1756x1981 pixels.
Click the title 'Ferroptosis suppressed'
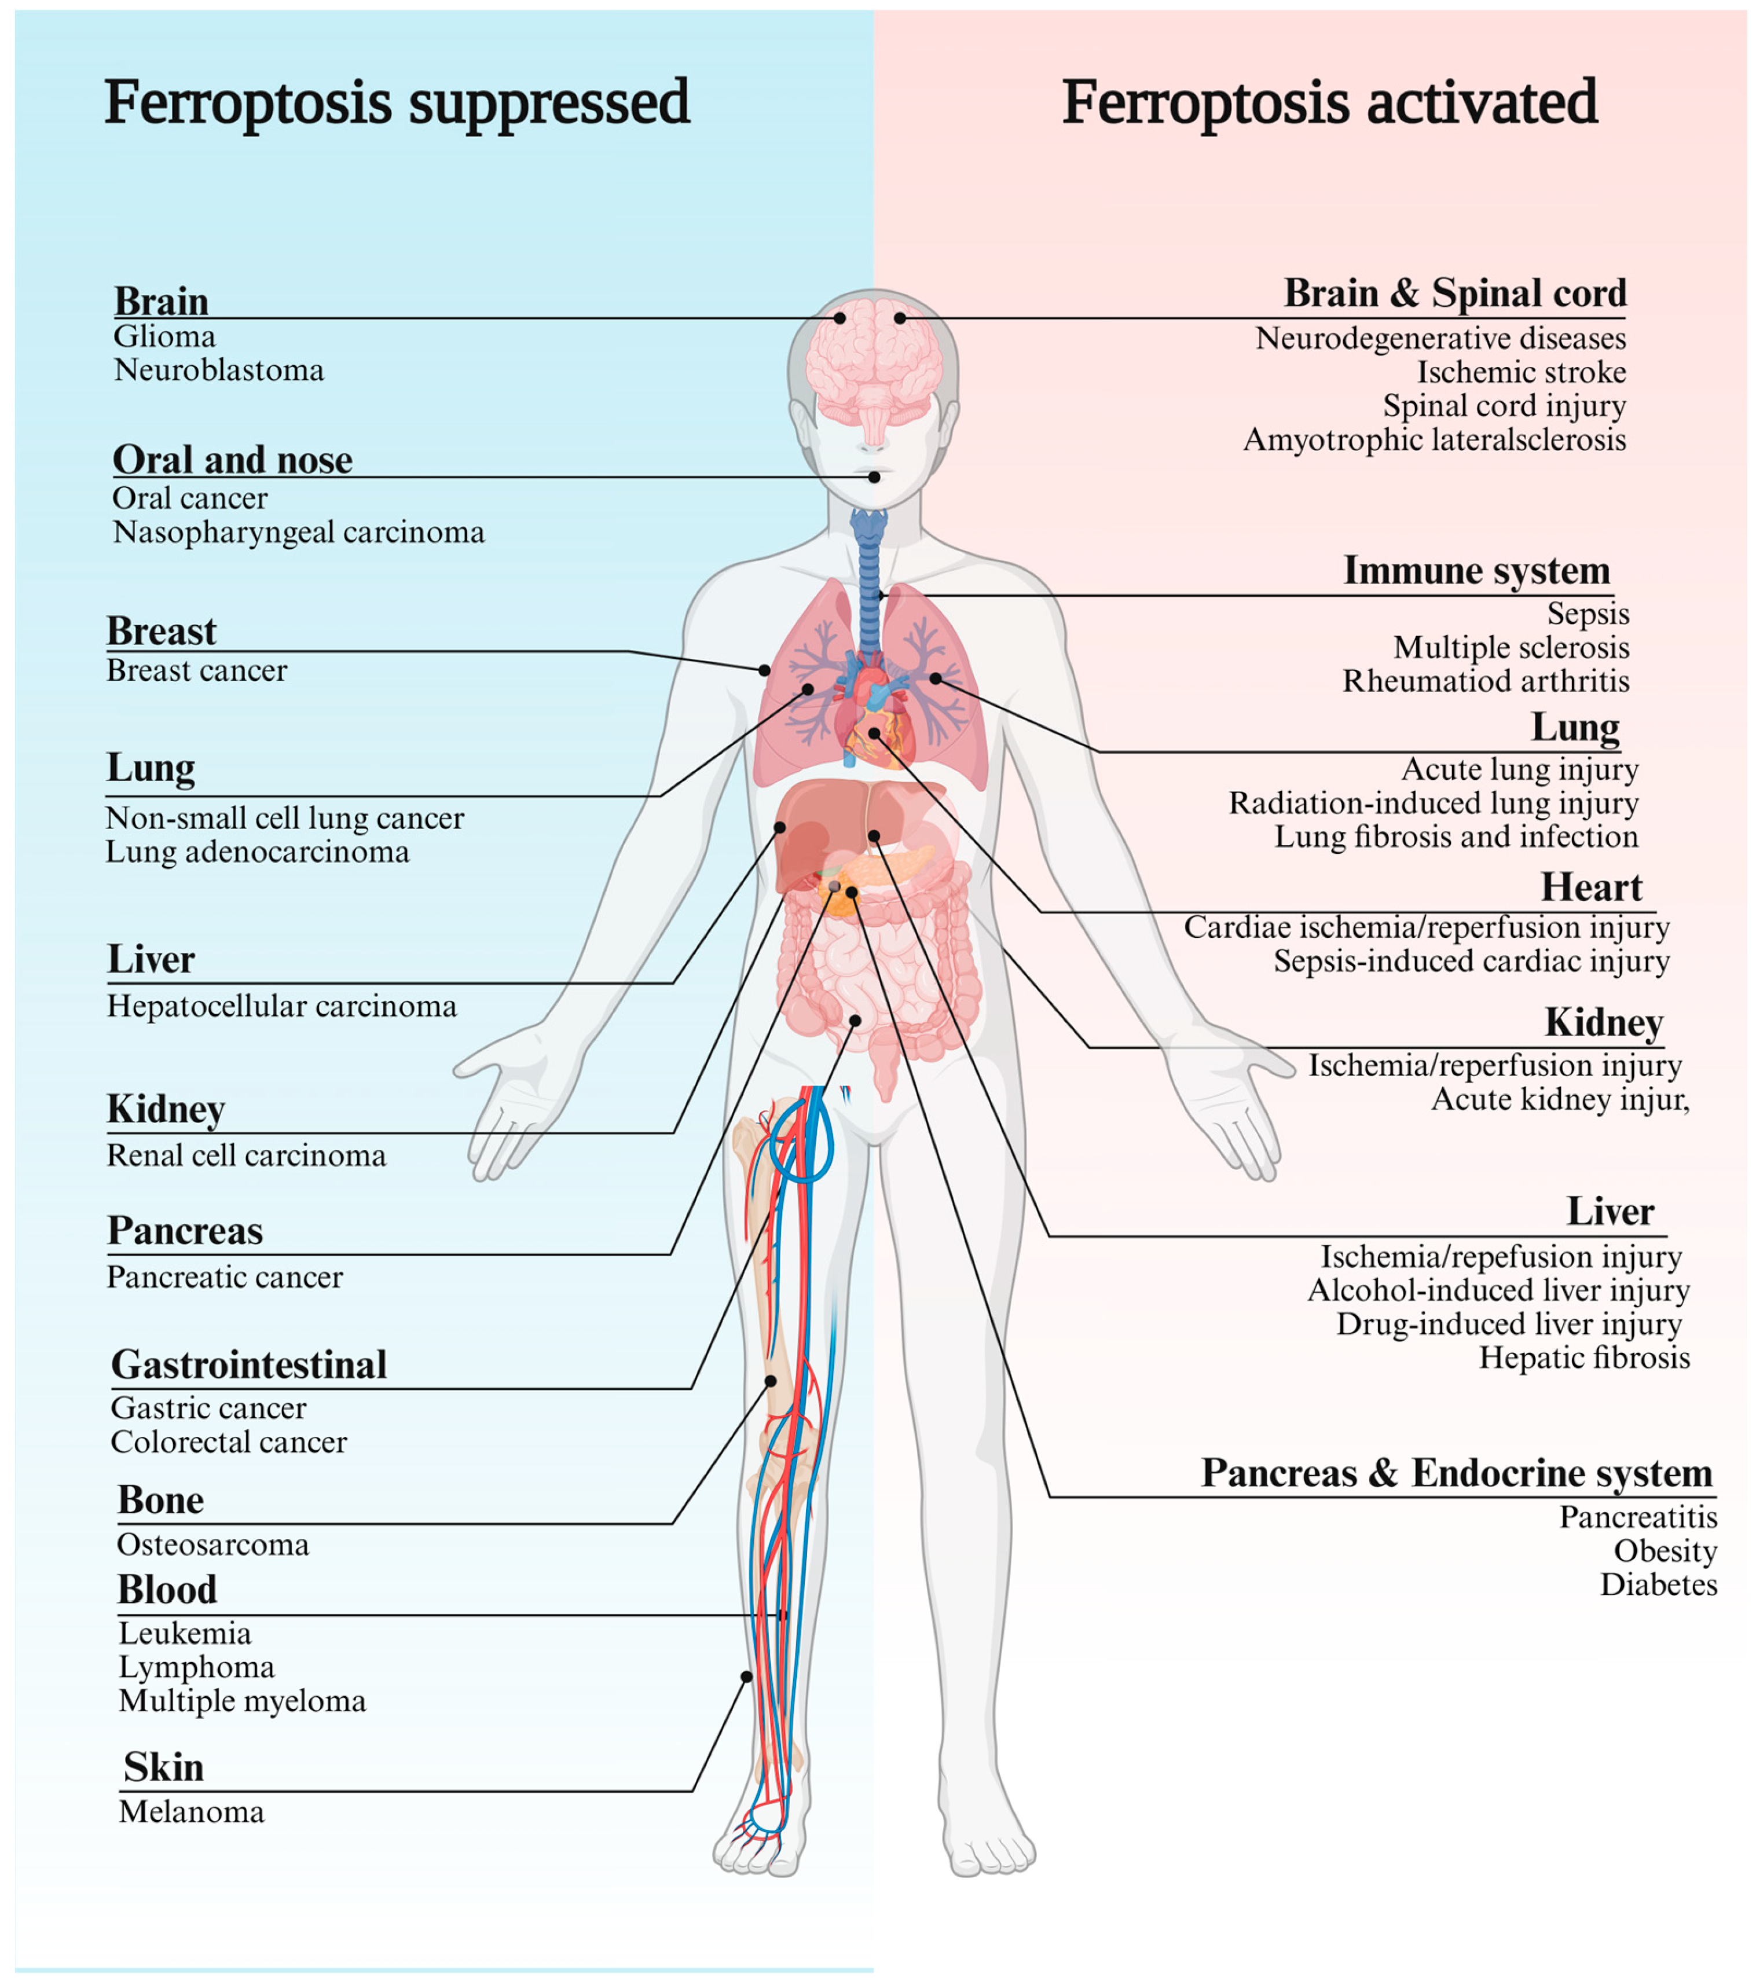coord(397,102)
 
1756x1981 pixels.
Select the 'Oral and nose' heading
coord(233,460)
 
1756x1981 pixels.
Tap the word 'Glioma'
coord(165,337)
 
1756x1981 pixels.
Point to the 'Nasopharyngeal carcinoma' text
coord(299,532)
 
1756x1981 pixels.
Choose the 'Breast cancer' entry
coord(197,671)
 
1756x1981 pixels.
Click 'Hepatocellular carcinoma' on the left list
coord(281,1006)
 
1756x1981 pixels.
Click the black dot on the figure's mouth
coord(874,477)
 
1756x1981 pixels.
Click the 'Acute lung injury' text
coord(1520,769)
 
